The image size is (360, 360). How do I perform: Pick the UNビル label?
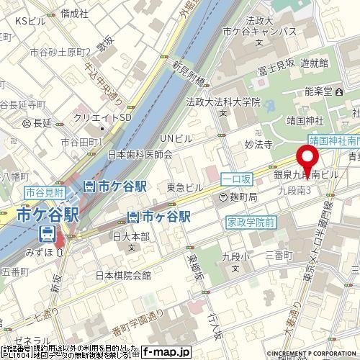point(176,138)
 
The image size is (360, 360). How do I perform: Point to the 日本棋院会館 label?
point(123,275)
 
